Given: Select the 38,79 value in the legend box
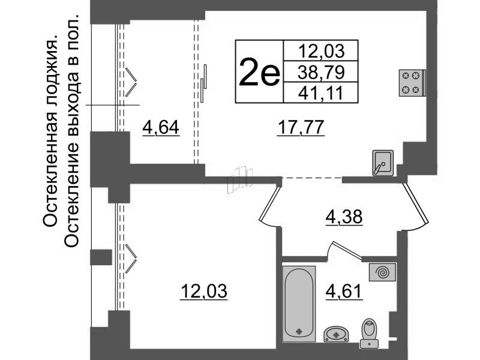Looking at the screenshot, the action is point(321,72).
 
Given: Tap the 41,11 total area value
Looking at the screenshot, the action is point(321,93).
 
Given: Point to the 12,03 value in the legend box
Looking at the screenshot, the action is point(321,51).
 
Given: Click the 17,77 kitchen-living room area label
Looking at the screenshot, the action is point(301,127).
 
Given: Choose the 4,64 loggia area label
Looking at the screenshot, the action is point(161,127).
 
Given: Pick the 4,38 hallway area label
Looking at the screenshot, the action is point(344,217).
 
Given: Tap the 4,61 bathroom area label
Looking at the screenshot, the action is point(344,291).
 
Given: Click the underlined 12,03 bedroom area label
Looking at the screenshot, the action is point(204,291).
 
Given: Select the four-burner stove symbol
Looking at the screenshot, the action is point(412,83).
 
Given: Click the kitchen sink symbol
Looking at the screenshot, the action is point(383,163).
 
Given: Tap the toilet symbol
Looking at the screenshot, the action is point(369,333).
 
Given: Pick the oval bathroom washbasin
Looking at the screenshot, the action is point(336,334).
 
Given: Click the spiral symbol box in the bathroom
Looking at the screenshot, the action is point(382,272).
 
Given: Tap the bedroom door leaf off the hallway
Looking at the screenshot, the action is point(269,204).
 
